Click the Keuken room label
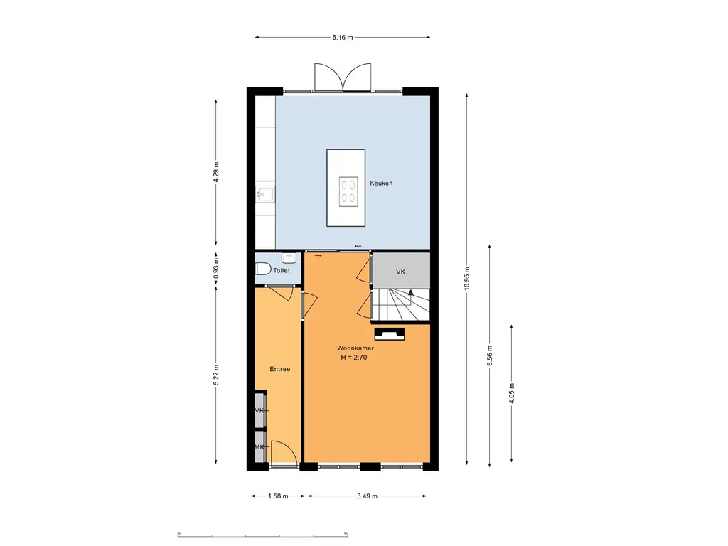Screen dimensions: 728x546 click(381, 183)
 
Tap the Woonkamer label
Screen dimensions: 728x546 click(355, 348)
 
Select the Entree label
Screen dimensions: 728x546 click(280, 369)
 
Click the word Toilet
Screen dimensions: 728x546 click(282, 270)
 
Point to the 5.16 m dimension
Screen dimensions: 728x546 click(343, 38)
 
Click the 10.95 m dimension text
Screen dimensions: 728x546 click(466, 279)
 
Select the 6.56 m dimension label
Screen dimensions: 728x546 click(489, 355)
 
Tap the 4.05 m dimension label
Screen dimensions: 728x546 click(512, 393)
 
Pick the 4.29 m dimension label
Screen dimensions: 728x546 click(216, 172)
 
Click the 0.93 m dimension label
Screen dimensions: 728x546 click(216, 269)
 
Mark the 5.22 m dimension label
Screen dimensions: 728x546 click(216, 375)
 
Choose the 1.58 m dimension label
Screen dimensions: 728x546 click(278, 496)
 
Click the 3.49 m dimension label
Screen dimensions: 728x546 click(368, 496)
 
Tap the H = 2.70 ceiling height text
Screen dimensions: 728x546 click(354, 358)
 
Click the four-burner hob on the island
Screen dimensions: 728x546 click(348, 192)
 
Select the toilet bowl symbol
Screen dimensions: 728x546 click(263, 269)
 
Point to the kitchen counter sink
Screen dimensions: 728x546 click(265, 194)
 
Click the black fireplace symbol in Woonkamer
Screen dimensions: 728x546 click(389, 334)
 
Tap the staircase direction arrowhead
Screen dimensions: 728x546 click(411, 292)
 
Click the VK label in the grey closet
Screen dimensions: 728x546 click(401, 272)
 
